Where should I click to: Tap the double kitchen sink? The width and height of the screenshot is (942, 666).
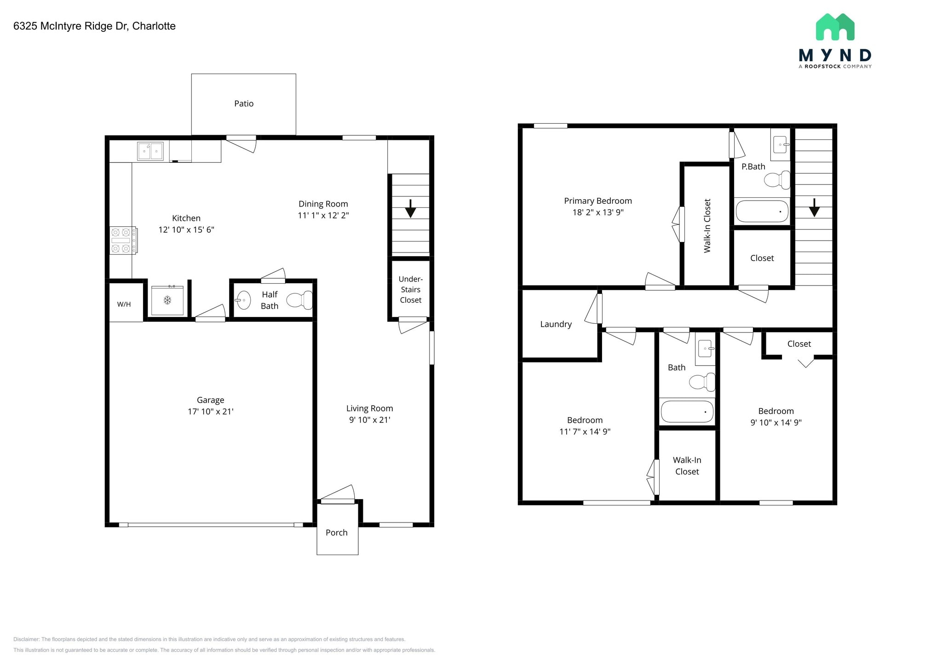click(150, 151)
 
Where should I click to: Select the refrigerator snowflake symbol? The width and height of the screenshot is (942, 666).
click(168, 300)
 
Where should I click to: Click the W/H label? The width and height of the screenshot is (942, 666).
click(124, 304)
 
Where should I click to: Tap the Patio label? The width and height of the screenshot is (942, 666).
click(244, 103)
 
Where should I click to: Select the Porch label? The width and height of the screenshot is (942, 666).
click(337, 533)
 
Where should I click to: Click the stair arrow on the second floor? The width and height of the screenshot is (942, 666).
click(814, 207)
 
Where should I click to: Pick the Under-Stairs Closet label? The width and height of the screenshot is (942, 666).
click(410, 289)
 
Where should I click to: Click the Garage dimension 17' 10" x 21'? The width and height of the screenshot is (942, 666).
click(211, 412)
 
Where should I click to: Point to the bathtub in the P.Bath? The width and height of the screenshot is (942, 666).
click(762, 211)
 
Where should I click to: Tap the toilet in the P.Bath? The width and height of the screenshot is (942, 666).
click(777, 180)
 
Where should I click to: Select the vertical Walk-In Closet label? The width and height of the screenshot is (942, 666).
click(707, 225)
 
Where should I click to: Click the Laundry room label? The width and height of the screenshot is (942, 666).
click(556, 324)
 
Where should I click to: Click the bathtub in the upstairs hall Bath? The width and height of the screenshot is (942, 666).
click(687, 412)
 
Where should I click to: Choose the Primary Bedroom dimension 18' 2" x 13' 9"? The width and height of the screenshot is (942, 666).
click(598, 212)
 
